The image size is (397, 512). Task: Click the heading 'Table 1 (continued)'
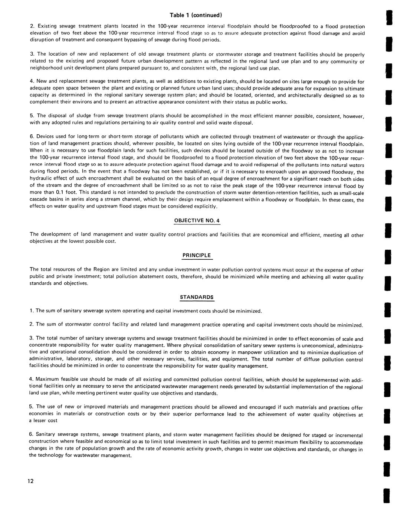[196, 15]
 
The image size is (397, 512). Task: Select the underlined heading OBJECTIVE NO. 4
[197, 221]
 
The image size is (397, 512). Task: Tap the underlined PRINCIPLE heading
[197, 255]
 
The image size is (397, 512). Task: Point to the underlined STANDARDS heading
[197, 297]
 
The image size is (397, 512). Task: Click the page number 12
[30, 481]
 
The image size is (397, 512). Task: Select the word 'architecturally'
[306, 95]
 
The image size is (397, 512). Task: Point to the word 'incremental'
[348, 435]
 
